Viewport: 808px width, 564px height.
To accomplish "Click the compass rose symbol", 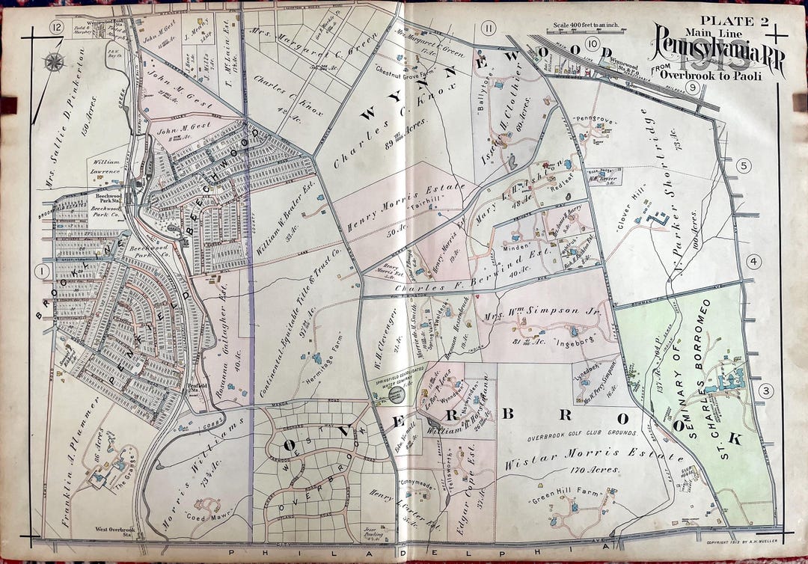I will (54, 62).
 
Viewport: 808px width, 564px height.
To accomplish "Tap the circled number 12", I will (55, 28).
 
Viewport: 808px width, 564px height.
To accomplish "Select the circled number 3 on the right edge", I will (765, 390).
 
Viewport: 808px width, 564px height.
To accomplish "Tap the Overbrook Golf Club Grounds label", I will (571, 433).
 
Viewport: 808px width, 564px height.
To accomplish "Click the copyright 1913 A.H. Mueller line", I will (747, 541).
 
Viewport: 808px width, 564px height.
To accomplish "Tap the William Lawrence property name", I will (105, 165).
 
